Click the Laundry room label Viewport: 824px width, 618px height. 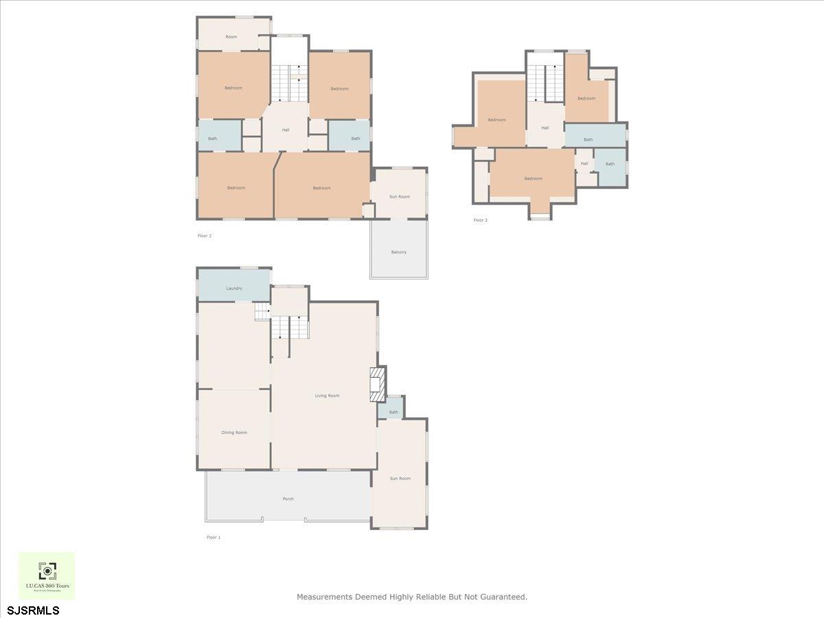coord(234,288)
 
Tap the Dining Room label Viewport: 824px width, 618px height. coord(234,433)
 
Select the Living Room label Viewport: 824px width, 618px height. coord(327,396)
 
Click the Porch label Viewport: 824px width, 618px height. coord(288,499)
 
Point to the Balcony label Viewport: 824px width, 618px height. coord(399,252)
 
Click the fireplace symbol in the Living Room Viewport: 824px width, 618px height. coord(377,385)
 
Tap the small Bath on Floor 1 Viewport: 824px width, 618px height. coord(393,412)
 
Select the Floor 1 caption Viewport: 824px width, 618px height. coord(214,537)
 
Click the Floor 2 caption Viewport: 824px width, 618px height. coord(205,236)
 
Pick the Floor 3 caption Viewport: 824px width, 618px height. coord(480,220)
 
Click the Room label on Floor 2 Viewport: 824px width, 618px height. coord(231,36)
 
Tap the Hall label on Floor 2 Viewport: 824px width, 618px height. coord(285,130)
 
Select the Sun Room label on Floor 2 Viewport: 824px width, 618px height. coord(400,196)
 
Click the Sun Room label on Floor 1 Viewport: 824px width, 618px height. coord(400,478)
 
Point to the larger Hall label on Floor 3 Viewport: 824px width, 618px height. coord(545,128)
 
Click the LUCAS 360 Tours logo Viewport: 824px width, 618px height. coord(47,575)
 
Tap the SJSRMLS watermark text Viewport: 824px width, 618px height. coord(33,610)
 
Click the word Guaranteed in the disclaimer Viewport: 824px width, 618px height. coord(501,597)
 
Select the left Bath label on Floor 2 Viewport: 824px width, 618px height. coord(213,139)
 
